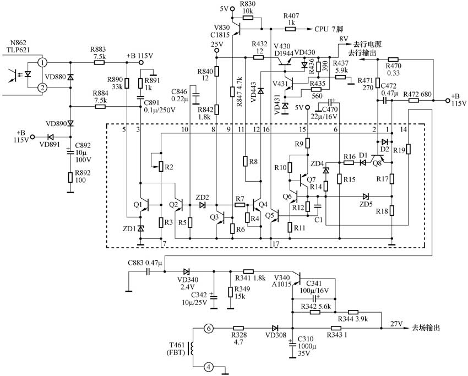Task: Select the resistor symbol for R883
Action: [x=99, y=63]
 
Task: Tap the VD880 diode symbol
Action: [x=70, y=77]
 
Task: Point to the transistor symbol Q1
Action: [x=144, y=205]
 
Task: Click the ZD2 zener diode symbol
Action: [x=203, y=205]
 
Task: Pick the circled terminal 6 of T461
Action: [x=209, y=329]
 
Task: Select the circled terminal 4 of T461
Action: [x=209, y=367]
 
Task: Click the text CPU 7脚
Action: [x=329, y=29]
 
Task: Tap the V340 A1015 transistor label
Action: [x=281, y=281]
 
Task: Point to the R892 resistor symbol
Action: [x=70, y=177]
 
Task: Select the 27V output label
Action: [x=396, y=324]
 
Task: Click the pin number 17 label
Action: [x=276, y=244]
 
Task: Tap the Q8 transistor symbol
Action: [x=377, y=159]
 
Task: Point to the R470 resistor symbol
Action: [x=393, y=59]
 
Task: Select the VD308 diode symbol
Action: [x=275, y=328]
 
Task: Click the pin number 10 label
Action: [x=185, y=129]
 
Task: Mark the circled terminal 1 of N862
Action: [x=43, y=63]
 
